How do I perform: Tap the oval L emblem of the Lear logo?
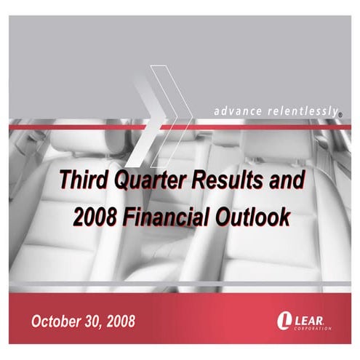[283, 320]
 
